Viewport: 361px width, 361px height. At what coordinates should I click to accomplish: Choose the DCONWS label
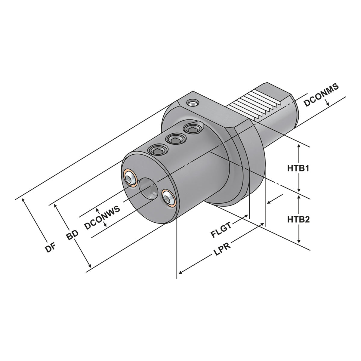pos(102,218)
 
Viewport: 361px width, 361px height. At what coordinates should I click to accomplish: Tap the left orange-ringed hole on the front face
pos(131,177)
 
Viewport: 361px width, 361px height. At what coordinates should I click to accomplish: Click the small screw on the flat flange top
pos(192,103)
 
